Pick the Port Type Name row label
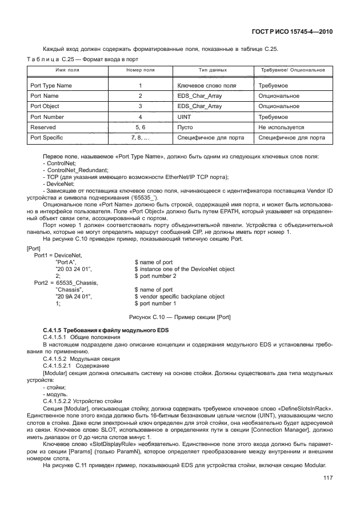(x=51, y=85)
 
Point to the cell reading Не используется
(x=281, y=127)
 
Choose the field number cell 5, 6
(x=140, y=127)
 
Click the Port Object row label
(x=46, y=106)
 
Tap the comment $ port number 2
(x=156, y=276)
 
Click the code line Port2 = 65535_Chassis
(x=66, y=282)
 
